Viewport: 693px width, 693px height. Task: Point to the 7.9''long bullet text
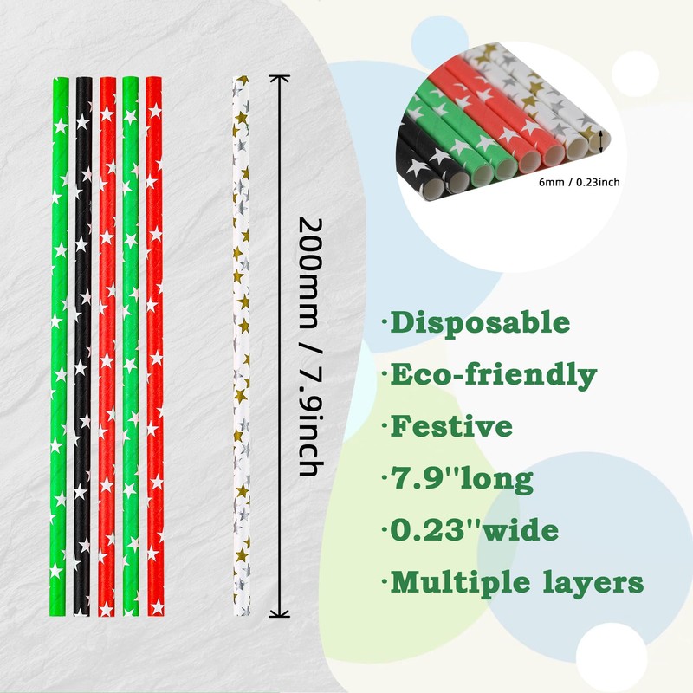[463, 477]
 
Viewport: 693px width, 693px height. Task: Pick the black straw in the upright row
[81, 346]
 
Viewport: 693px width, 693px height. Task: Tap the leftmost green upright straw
[58, 346]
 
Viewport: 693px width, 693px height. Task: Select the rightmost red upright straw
[154, 346]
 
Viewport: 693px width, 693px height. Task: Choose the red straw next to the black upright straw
[106, 346]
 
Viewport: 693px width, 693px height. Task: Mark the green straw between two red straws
[130, 346]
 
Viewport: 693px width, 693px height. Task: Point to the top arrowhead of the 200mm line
[278, 79]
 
